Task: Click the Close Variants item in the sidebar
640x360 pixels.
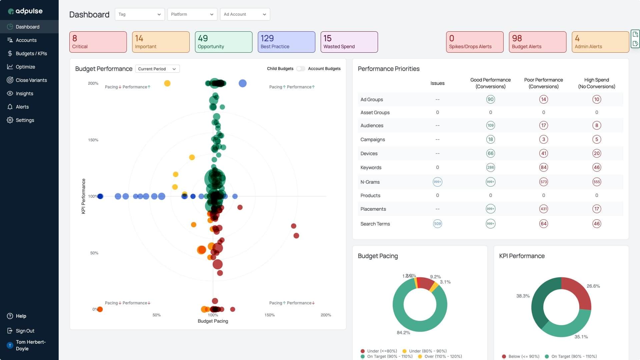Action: pyautogui.click(x=31, y=80)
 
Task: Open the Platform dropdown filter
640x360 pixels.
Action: pyautogui.click(x=192, y=14)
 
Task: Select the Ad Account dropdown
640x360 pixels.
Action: pyautogui.click(x=245, y=14)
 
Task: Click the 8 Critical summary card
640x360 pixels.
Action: pyautogui.click(x=98, y=42)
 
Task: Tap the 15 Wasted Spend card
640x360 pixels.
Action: pyautogui.click(x=349, y=42)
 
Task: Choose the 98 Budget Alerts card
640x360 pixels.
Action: pyautogui.click(x=537, y=42)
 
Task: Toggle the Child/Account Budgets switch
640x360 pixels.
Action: pyautogui.click(x=301, y=69)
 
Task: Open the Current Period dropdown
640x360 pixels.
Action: pyautogui.click(x=157, y=69)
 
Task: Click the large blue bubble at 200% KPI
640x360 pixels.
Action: pyautogui.click(x=243, y=83)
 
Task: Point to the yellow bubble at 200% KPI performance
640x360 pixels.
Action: pyautogui.click(x=167, y=83)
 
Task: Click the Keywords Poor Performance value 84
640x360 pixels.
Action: pyautogui.click(x=543, y=167)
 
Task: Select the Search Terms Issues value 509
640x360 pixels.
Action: pyautogui.click(x=437, y=224)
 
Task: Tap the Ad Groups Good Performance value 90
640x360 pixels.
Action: pyautogui.click(x=490, y=99)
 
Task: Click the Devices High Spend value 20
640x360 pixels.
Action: pyautogui.click(x=596, y=153)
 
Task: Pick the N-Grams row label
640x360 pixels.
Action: pyautogui.click(x=370, y=182)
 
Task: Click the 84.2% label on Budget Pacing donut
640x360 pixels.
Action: pyautogui.click(x=403, y=333)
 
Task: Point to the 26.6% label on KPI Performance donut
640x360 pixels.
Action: pyautogui.click(x=593, y=286)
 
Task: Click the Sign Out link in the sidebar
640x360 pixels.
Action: pyautogui.click(x=25, y=331)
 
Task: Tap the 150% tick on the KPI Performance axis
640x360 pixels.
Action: pyautogui.click(x=93, y=140)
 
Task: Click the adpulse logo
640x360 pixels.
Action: pyautogui.click(x=25, y=11)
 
